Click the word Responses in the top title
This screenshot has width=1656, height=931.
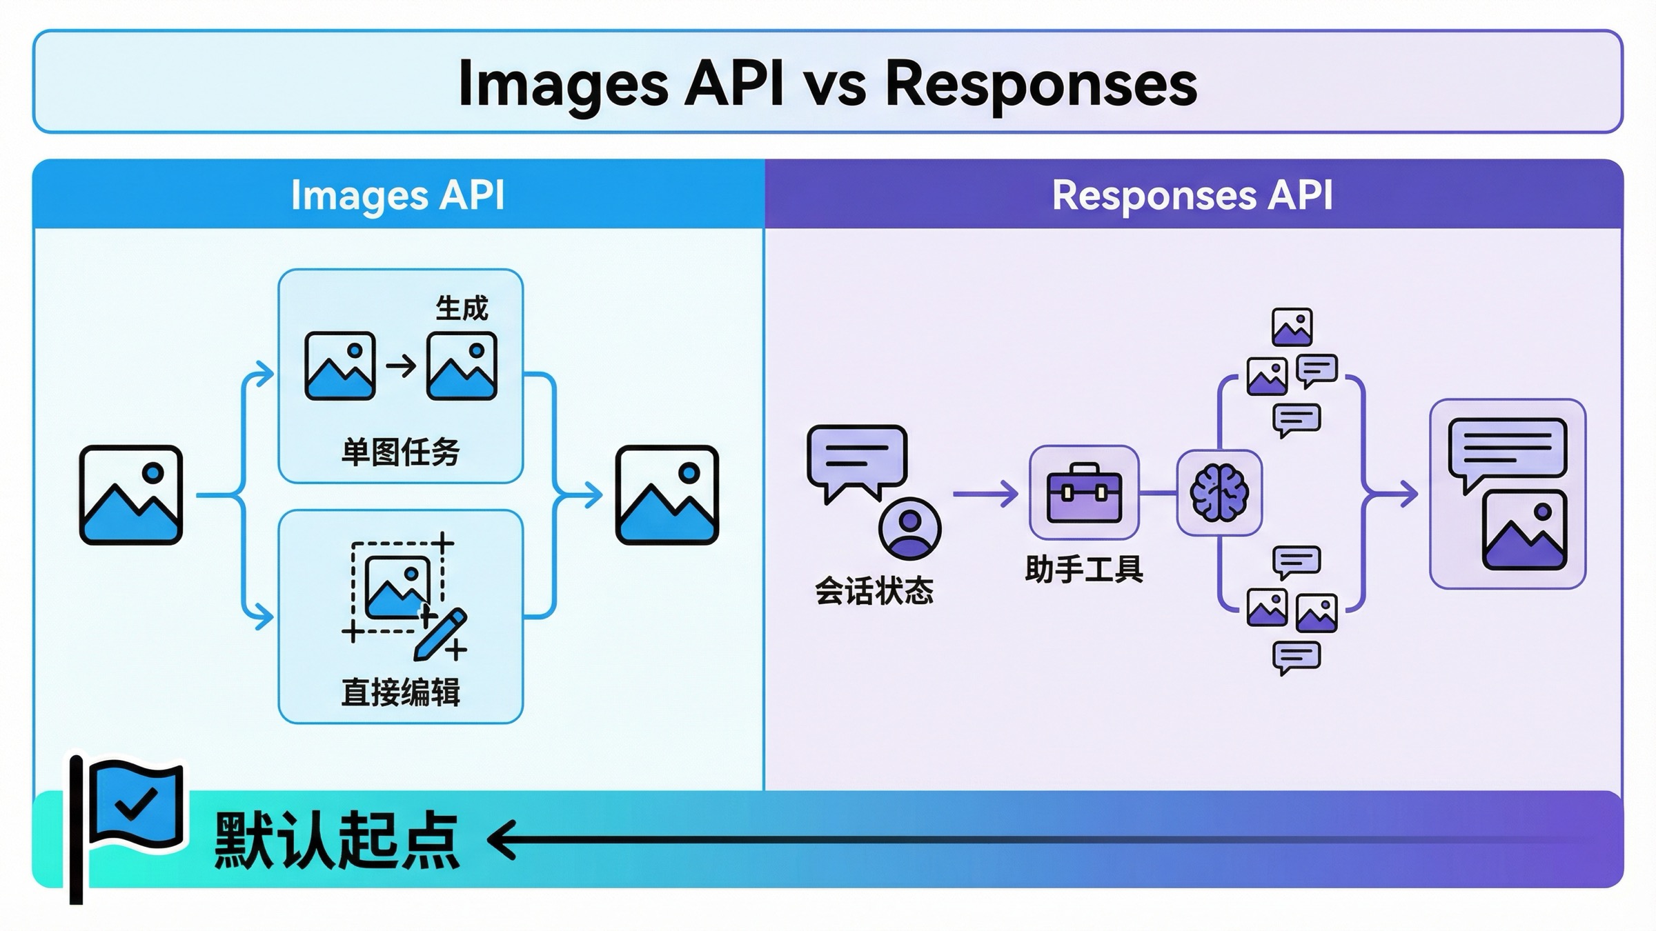1041,84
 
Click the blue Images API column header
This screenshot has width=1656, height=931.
398,195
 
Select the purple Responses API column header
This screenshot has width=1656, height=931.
1192,195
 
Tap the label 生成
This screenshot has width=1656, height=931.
462,308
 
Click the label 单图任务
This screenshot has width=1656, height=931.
400,452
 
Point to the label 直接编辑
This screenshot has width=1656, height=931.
400,692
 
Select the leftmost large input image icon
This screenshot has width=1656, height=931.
131,495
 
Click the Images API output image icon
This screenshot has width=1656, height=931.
667,495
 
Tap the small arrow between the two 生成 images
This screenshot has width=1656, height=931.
401,366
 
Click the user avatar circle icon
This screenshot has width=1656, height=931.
909,529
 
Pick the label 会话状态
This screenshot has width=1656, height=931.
874,591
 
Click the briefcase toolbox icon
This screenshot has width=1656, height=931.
1084,493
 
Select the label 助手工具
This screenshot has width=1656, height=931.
1084,570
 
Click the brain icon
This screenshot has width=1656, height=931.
1219,493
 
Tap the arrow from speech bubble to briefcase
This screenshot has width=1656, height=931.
985,494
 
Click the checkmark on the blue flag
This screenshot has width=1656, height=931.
136,803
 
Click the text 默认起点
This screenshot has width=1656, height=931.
336,841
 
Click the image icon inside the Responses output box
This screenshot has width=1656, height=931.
1524,530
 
